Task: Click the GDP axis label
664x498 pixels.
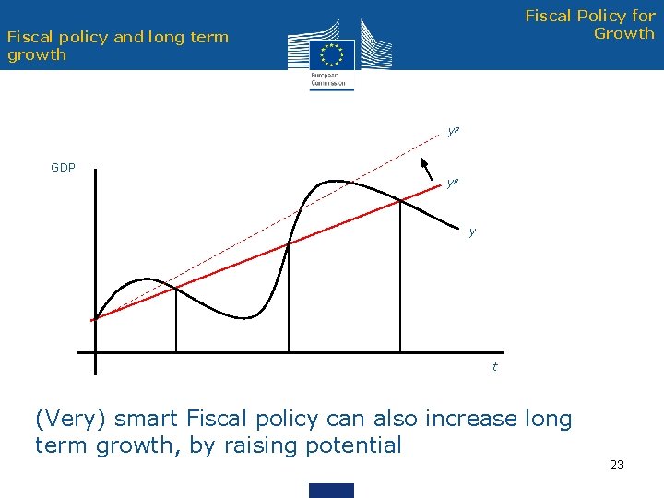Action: coord(63,168)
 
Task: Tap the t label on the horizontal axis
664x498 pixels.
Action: coord(494,367)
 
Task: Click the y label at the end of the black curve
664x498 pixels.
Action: coord(472,231)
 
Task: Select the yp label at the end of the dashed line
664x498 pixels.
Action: coord(453,131)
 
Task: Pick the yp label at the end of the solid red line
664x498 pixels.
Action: coord(452,183)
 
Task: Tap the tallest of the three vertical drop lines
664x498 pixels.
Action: coord(400,277)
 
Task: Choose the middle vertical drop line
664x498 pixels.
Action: coord(289,298)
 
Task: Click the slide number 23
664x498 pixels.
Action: coord(617,465)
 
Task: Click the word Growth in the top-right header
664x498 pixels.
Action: coord(624,33)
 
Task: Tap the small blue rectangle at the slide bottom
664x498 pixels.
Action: coord(331,490)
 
